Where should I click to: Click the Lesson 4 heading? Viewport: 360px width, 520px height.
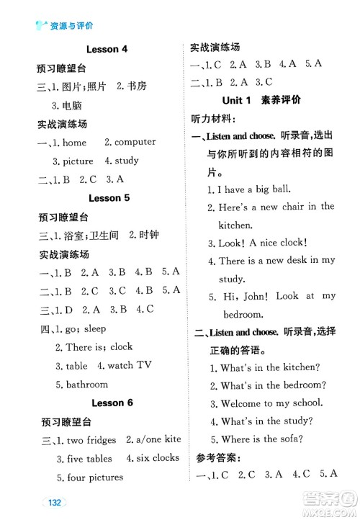pos(107,50)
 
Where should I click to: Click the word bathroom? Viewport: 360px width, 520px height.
pos(86,384)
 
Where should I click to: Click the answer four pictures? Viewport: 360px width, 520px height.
pos(94,477)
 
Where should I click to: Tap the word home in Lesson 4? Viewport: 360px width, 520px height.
pos(74,143)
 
